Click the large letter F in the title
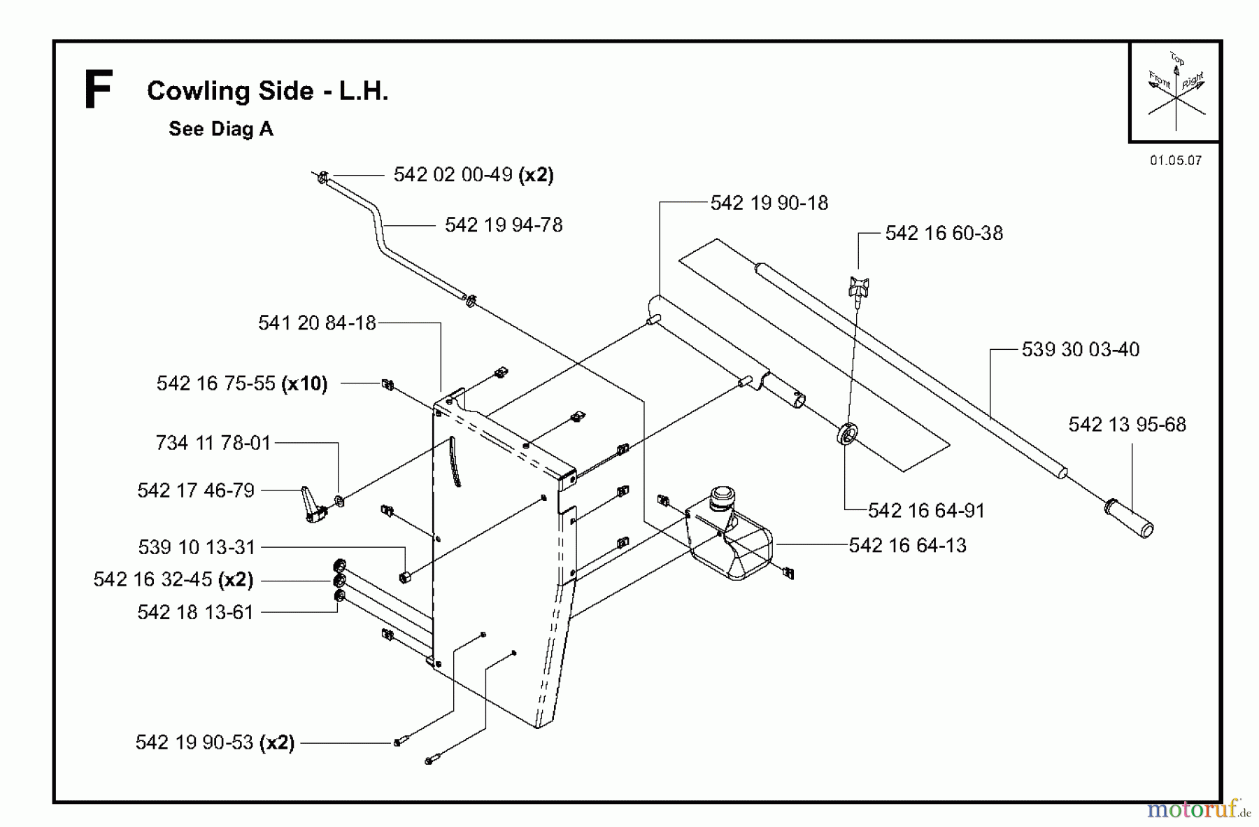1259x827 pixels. point(97,91)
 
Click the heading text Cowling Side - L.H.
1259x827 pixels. point(267,91)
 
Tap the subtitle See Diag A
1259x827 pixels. point(220,129)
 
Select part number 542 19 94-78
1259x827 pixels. point(503,225)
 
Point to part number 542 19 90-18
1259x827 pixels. point(769,203)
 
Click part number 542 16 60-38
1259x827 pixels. point(944,233)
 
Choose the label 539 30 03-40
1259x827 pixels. point(1080,349)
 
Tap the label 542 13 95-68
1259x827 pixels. point(1127,425)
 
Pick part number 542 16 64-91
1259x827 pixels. point(926,511)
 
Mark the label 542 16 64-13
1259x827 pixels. point(907,545)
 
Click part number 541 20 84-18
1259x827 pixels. point(317,323)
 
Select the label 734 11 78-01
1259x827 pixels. point(213,443)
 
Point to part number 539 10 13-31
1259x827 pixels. point(197,547)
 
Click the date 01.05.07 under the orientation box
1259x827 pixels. point(1175,160)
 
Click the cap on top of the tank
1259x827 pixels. point(722,499)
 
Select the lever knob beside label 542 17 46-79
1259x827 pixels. point(312,505)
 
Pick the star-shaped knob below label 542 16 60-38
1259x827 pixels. point(858,286)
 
